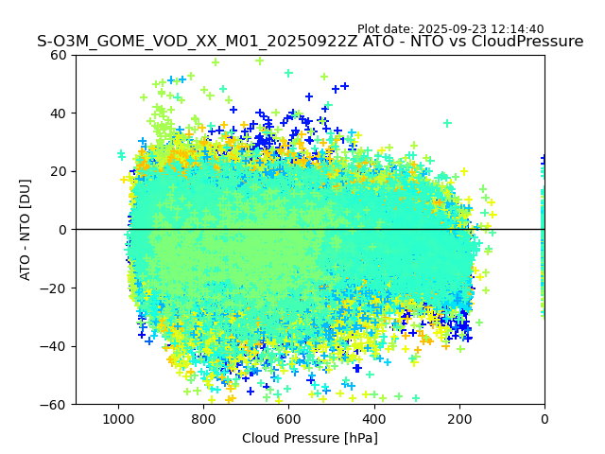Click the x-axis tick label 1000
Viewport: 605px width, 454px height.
tap(118, 419)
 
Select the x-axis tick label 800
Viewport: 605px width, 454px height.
tap(203, 419)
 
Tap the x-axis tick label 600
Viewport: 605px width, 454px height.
tap(288, 419)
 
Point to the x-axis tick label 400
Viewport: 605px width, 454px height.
tap(373, 419)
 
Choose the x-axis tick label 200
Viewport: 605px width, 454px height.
tap(459, 419)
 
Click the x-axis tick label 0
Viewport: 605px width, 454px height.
tap(544, 419)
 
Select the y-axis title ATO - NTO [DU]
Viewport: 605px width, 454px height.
tap(26, 229)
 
